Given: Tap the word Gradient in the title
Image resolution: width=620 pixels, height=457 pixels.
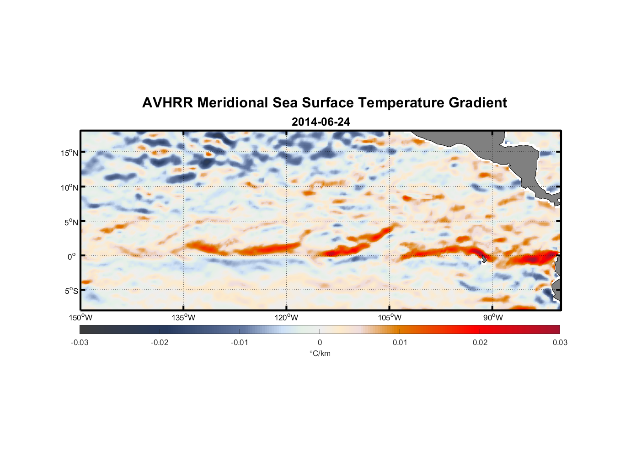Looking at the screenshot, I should coord(478,103).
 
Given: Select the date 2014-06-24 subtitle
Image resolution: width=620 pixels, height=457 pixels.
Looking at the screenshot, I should coord(321,122).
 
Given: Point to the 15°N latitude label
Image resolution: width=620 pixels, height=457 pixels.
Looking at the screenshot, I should coord(69,153).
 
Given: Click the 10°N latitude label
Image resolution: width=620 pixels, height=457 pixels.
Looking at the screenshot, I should coord(69,187).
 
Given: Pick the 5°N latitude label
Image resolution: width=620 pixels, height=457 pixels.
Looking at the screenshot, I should coord(71,222).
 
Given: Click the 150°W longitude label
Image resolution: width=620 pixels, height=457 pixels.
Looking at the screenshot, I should coord(81,318).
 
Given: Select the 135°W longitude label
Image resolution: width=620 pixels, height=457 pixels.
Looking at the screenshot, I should coord(184,318).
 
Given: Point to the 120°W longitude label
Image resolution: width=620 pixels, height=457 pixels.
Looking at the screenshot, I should coord(287,318).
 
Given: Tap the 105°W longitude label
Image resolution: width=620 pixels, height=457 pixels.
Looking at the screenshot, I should coord(390,318).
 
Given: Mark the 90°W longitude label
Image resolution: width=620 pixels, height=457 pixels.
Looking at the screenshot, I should coord(493,318).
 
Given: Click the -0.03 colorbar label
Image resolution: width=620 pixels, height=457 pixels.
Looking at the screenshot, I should coord(80,343).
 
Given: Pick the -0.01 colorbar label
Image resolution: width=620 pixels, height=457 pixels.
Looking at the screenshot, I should coord(240,343).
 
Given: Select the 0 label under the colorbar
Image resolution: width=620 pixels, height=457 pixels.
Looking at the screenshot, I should coord(320,343).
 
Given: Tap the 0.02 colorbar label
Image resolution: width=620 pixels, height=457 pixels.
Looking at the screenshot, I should coord(480,343).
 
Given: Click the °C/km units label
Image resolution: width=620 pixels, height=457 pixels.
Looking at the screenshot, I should coord(320,353).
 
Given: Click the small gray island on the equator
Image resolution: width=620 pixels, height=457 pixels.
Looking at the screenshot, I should coord(484,259).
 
